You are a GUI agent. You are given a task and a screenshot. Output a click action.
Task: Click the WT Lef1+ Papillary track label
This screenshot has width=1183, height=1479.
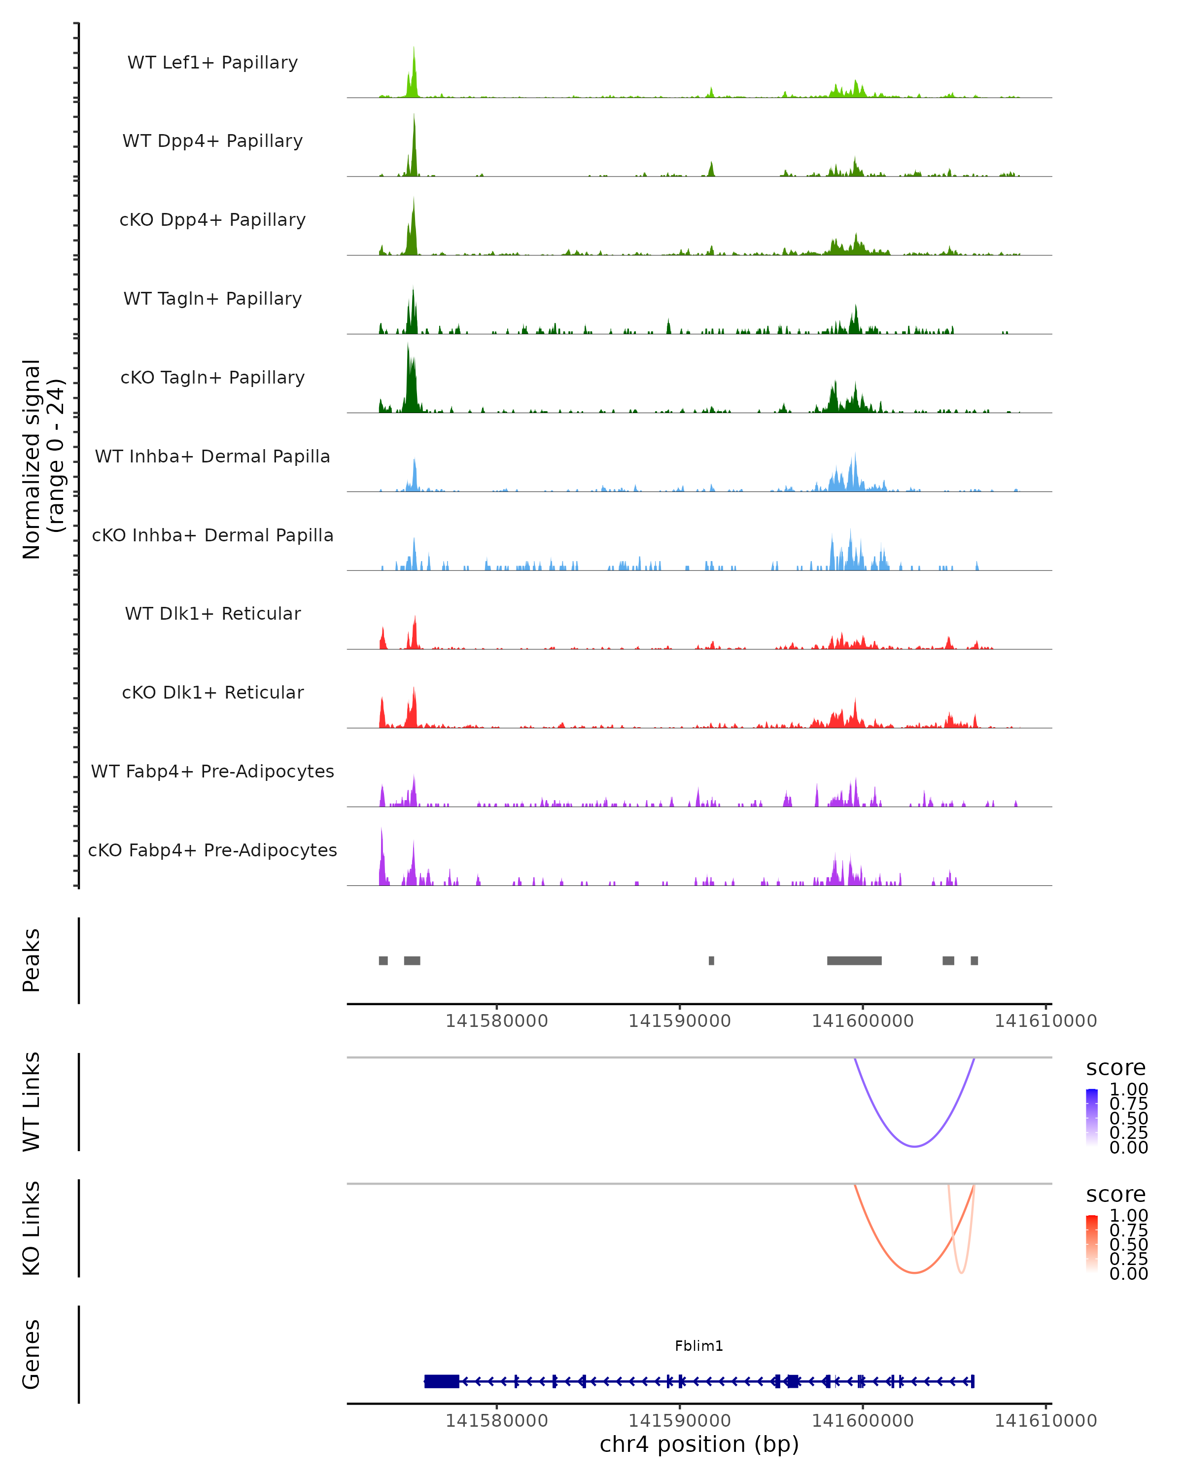[212, 63]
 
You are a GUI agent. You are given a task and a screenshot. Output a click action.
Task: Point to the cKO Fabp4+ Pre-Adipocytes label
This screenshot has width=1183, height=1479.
[212, 850]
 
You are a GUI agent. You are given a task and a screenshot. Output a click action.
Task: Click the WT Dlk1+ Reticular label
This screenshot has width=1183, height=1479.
[212, 613]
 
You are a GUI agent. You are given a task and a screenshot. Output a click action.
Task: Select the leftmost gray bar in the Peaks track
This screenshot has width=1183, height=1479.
[383, 960]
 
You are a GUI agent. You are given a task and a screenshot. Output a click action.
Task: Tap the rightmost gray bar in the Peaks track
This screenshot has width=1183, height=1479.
[974, 960]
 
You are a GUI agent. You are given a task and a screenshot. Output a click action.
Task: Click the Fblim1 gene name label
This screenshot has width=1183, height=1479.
[699, 1346]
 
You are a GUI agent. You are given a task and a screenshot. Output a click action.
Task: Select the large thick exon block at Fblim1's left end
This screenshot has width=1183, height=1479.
[442, 1381]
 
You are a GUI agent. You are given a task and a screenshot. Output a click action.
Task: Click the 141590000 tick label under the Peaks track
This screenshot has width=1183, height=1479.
[680, 1021]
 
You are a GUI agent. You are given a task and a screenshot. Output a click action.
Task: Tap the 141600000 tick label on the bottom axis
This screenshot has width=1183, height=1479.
[863, 1421]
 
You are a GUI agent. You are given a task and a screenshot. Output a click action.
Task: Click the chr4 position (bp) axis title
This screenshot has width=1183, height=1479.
[699, 1444]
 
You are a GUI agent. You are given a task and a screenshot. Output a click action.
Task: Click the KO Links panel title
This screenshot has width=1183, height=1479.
[31, 1228]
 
